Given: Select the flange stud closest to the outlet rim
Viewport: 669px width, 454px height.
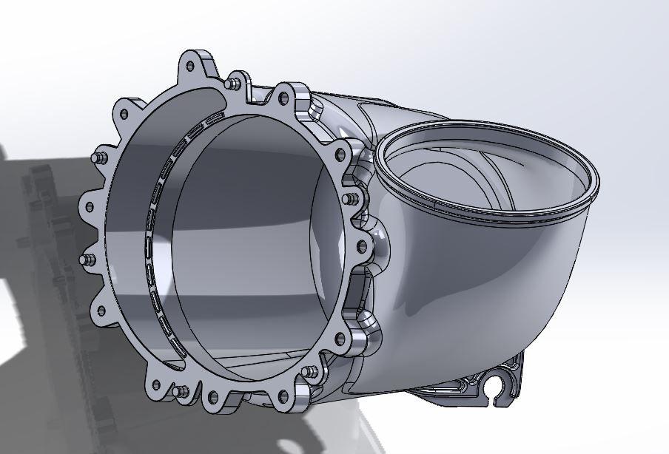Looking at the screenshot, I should click(x=349, y=198).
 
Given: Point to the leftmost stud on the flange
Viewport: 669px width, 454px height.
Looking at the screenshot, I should click(x=84, y=260).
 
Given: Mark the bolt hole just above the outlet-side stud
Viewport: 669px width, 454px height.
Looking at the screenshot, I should click(x=340, y=155).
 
